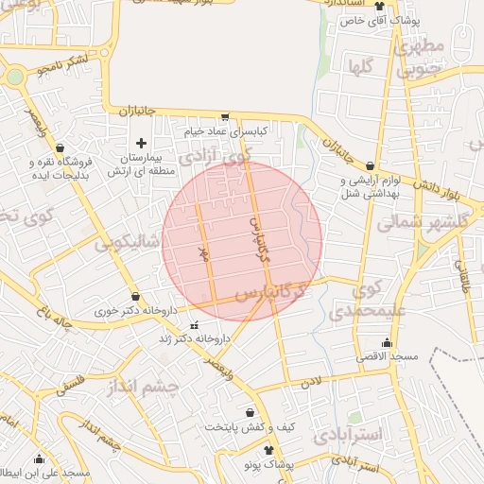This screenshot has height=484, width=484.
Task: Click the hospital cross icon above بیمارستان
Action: pos(142,143)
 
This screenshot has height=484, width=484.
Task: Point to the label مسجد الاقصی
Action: pos(387,356)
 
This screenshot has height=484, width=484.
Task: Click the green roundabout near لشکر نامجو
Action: pos(15,77)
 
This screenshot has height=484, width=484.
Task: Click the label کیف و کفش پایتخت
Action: pos(250,426)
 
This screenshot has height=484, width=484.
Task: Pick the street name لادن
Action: pos(313,382)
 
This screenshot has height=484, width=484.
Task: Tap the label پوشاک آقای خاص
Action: pos(377,19)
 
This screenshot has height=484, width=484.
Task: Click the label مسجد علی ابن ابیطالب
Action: pos(45,472)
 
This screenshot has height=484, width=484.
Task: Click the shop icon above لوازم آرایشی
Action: pos(381,165)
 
